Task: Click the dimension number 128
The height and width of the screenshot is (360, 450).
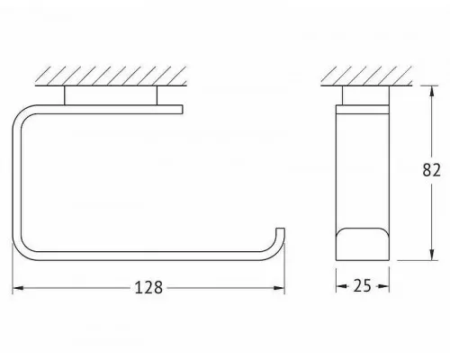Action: click(x=148, y=288)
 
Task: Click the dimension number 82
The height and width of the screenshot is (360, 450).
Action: click(x=431, y=170)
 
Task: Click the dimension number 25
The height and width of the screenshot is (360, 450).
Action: click(x=363, y=286)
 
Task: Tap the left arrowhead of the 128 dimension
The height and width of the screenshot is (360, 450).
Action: click(x=18, y=288)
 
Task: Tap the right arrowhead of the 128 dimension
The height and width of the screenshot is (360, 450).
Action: click(x=279, y=288)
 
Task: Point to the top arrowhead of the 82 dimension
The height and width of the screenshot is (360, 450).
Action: click(x=431, y=91)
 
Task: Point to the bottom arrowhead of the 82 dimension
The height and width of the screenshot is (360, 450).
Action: click(x=431, y=255)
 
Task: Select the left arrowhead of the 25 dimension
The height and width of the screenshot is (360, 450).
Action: click(x=341, y=286)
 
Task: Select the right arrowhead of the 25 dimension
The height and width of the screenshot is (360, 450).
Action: click(x=384, y=286)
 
